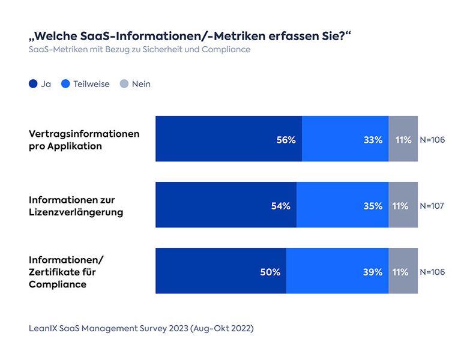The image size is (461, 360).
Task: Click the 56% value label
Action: tap(286, 140)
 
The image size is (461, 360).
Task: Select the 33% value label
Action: tap(373, 140)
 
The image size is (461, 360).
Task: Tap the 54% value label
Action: tap(280, 206)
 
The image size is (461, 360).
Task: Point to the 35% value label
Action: tap(373, 206)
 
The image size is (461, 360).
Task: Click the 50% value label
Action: tap(270, 272)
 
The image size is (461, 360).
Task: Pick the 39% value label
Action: tap(373, 272)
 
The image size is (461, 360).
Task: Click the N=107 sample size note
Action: tap(432, 206)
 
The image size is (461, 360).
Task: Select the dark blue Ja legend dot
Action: tap(34, 84)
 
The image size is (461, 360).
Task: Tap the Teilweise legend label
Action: tap(91, 84)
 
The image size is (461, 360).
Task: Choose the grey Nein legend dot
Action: tap(124, 84)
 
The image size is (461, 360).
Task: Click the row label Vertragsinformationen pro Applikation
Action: tap(84, 140)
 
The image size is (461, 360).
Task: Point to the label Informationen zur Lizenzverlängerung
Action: tap(76, 206)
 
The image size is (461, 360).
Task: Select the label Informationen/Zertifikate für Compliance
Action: tap(67, 272)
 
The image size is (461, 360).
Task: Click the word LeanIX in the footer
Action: tap(45, 329)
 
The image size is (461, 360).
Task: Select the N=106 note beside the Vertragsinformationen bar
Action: tap(432, 140)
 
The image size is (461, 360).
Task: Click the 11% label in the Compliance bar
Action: tap(403, 272)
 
